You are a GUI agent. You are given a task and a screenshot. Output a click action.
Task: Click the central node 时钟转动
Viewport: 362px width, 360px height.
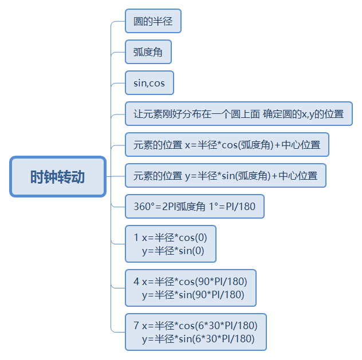click(x=58, y=176)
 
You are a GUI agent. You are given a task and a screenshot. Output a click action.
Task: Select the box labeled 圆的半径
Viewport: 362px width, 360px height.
click(x=153, y=22)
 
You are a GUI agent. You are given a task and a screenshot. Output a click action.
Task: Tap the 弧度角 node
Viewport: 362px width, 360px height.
click(x=148, y=53)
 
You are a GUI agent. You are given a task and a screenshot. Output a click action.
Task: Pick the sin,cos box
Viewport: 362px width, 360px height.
click(x=149, y=83)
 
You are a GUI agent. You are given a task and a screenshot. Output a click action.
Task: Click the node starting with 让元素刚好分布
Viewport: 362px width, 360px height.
click(x=238, y=114)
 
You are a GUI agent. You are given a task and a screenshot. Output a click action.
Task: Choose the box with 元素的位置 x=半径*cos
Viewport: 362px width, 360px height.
click(x=227, y=145)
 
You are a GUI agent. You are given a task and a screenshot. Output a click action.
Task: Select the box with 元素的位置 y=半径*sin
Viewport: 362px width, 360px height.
click(x=225, y=175)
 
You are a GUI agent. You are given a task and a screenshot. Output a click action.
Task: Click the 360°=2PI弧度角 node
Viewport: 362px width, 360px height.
click(x=194, y=206)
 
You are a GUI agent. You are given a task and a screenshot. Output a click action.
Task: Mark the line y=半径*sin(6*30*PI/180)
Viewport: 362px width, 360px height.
click(x=198, y=339)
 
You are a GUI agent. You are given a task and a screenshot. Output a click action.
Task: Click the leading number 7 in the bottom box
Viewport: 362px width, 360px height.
click(x=136, y=326)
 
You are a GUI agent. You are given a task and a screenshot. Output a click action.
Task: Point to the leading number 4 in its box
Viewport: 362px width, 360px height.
click(x=136, y=282)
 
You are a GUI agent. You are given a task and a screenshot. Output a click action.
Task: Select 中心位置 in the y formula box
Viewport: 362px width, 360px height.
click(x=299, y=175)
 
